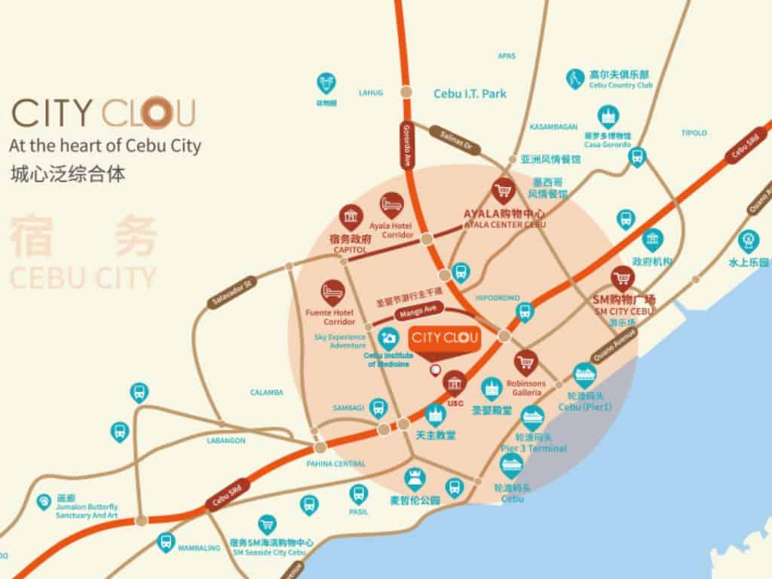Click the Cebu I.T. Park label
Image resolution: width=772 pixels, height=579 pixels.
tap(470, 94)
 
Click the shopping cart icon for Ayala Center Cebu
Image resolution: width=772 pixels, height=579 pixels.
tap(503, 191)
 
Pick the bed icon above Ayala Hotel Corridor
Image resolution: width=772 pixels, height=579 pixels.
tap(391, 204)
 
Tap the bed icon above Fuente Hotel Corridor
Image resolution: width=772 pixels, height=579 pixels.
tap(331, 291)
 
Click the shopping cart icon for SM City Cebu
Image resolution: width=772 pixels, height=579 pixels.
tap(622, 277)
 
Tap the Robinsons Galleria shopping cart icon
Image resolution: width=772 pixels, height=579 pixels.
tap(525, 362)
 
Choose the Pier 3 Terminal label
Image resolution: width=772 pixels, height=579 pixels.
tap(534, 449)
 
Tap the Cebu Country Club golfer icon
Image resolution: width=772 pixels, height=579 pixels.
tap(575, 78)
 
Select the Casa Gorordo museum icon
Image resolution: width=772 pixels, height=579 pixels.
tap(607, 116)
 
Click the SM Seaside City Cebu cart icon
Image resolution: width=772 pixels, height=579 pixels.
tap(266, 523)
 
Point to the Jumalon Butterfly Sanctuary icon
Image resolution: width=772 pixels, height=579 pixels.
tap(44, 502)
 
